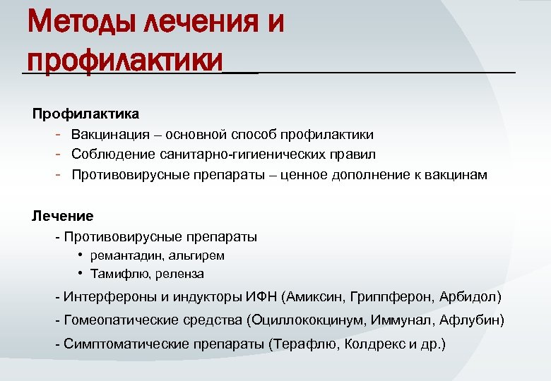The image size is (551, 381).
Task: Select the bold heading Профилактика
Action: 85,114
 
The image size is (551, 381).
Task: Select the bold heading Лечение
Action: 62,216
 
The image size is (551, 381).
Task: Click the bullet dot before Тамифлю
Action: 82,273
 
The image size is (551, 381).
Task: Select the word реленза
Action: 179,274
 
